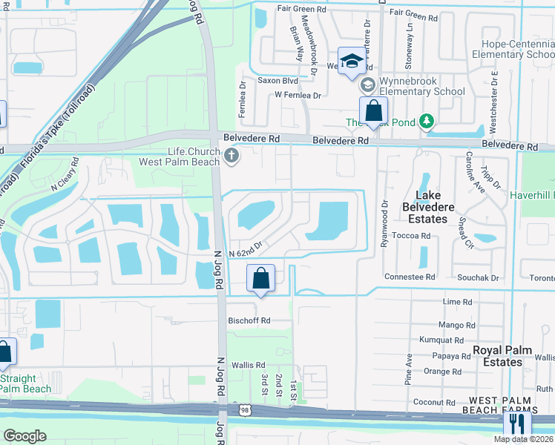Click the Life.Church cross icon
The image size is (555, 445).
tap(231, 156)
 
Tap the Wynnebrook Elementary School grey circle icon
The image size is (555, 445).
tap(367, 86)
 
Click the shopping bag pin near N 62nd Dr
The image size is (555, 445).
tap(260, 279)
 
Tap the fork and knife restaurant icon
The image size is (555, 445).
tap(517, 424)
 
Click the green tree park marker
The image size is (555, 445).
tap(426, 120)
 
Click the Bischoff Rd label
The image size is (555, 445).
tap(249, 321)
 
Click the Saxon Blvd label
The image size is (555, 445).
tap(277, 80)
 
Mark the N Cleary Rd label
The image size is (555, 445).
tap(64, 175)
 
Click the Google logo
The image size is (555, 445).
tap(25, 435)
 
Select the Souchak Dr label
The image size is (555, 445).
tap(474, 277)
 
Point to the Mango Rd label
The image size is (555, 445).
tap(457, 325)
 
